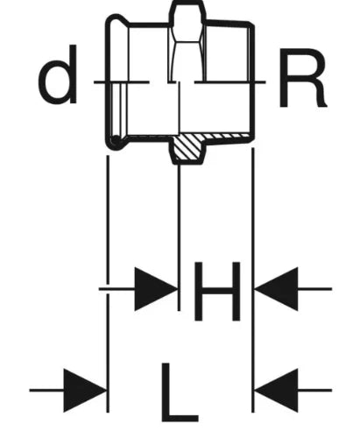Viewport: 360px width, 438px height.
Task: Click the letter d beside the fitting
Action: click(58, 74)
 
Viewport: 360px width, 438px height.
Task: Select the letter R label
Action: click(302, 78)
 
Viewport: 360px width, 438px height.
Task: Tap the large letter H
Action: click(217, 291)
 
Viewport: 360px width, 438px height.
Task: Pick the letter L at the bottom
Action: click(179, 392)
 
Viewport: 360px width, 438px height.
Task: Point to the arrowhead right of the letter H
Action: click(276, 289)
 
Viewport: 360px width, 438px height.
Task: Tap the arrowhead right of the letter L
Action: click(276, 390)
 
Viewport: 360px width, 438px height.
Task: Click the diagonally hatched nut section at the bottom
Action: click(187, 148)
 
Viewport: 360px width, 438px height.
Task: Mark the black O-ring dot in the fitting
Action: click(116, 140)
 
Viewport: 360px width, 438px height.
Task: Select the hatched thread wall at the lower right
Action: click(226, 137)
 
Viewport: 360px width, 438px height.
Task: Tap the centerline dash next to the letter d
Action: click(121, 82)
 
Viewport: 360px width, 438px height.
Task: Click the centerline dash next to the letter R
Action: click(230, 82)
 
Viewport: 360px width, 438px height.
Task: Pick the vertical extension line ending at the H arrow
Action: click(179, 237)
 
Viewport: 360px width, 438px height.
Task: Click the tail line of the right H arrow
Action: click(314, 289)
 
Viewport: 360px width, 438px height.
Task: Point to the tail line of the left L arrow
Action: click(46, 390)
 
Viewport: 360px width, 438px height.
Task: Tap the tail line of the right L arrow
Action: click(314, 390)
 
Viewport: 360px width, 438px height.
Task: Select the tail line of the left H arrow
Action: click(116, 289)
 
